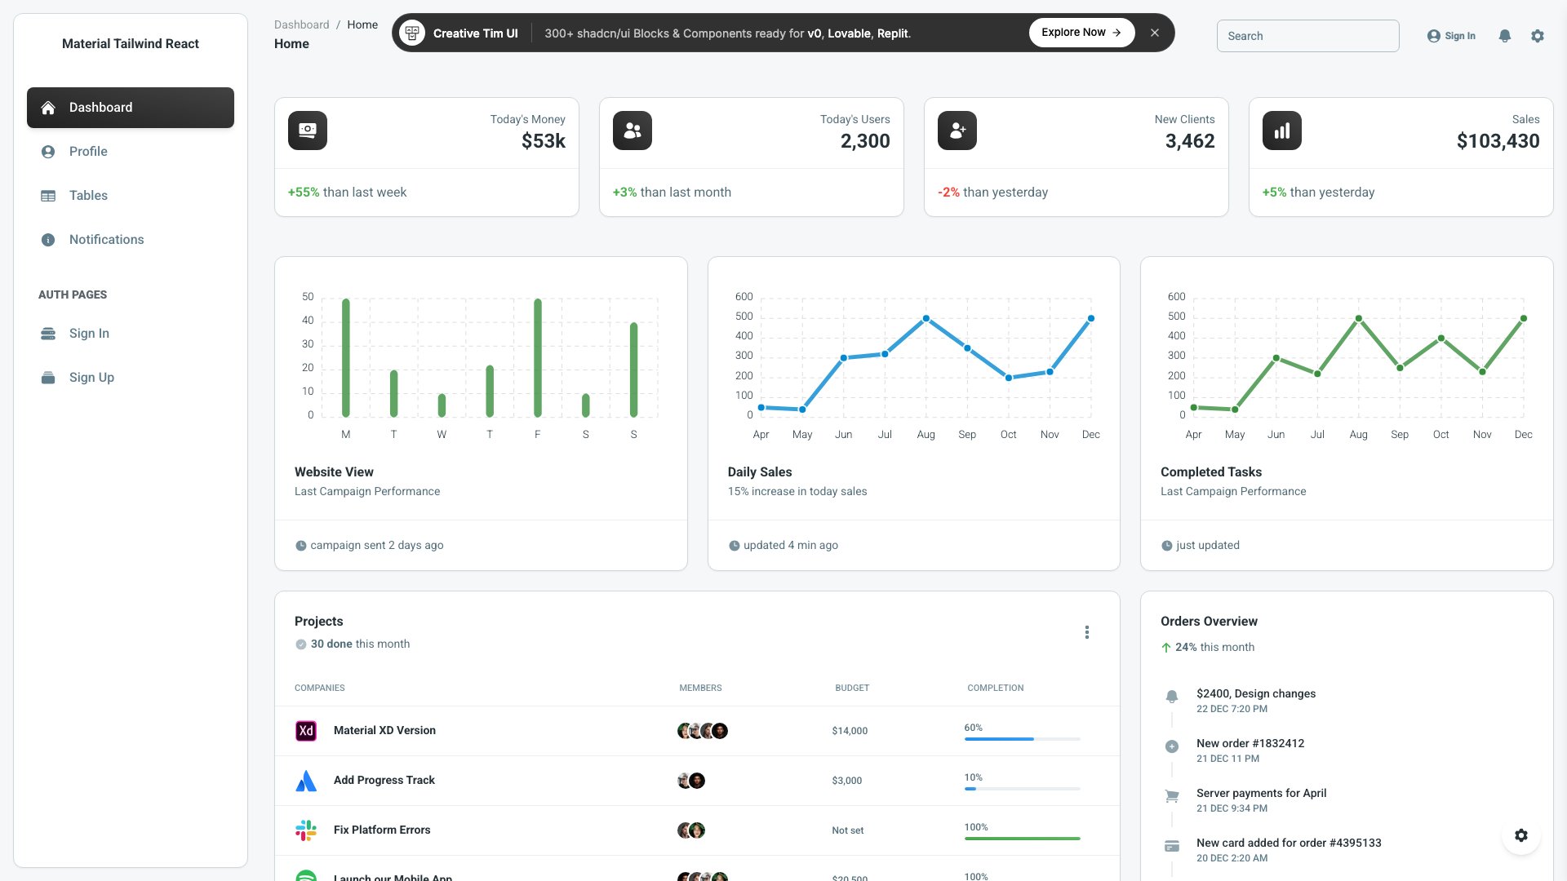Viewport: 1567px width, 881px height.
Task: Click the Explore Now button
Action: coord(1081,33)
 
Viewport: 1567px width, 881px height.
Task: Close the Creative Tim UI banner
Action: coord(1155,33)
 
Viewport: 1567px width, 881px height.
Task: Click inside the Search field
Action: coord(1307,36)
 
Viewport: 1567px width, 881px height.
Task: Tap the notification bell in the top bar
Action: coord(1505,36)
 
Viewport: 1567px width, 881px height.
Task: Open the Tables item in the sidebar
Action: coord(88,196)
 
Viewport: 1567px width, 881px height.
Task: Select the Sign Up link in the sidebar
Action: coord(91,378)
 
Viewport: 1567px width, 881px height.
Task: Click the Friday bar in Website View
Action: coord(538,359)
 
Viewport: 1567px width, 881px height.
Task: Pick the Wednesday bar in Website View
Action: coord(442,405)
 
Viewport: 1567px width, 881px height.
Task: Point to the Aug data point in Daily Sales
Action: coord(926,319)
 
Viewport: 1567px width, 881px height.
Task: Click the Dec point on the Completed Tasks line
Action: coord(1524,319)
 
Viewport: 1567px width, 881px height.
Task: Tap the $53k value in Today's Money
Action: coord(544,141)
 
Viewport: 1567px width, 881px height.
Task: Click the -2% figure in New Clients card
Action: coord(948,193)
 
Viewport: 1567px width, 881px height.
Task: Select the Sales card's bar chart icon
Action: coord(1282,131)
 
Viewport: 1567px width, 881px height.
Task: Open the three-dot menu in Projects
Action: coord(1087,632)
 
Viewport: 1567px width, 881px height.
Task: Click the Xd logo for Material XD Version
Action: coord(306,731)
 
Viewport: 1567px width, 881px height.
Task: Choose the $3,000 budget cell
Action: coord(847,781)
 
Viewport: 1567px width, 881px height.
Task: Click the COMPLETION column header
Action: coord(995,688)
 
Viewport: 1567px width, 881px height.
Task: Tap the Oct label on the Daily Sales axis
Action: coord(1009,435)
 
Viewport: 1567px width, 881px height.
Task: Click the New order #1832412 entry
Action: coord(1250,743)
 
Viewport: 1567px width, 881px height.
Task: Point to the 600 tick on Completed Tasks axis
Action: coord(1176,297)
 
